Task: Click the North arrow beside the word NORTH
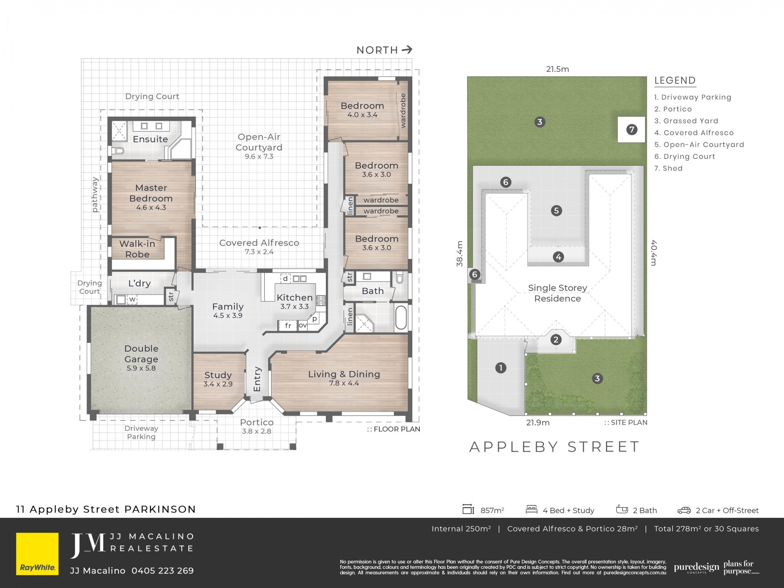click(x=407, y=50)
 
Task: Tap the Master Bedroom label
click(x=151, y=193)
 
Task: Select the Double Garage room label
click(x=141, y=354)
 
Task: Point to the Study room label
click(x=218, y=375)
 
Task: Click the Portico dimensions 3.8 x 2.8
click(x=256, y=431)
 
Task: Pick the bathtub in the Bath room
click(x=401, y=318)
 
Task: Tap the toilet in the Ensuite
click(x=118, y=151)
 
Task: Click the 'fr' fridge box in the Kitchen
click(x=288, y=325)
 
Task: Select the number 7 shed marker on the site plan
click(x=632, y=130)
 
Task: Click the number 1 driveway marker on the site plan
click(x=501, y=368)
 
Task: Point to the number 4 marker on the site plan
click(x=558, y=257)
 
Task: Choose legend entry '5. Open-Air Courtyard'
click(x=699, y=145)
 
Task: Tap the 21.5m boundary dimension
click(x=557, y=69)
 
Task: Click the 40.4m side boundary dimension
click(x=654, y=253)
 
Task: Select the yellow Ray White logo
click(x=37, y=554)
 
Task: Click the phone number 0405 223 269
click(x=163, y=570)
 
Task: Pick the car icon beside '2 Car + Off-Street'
click(x=684, y=510)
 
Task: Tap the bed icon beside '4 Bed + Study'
click(x=531, y=510)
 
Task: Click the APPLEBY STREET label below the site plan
click(x=555, y=447)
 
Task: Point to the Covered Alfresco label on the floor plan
click(x=259, y=243)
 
